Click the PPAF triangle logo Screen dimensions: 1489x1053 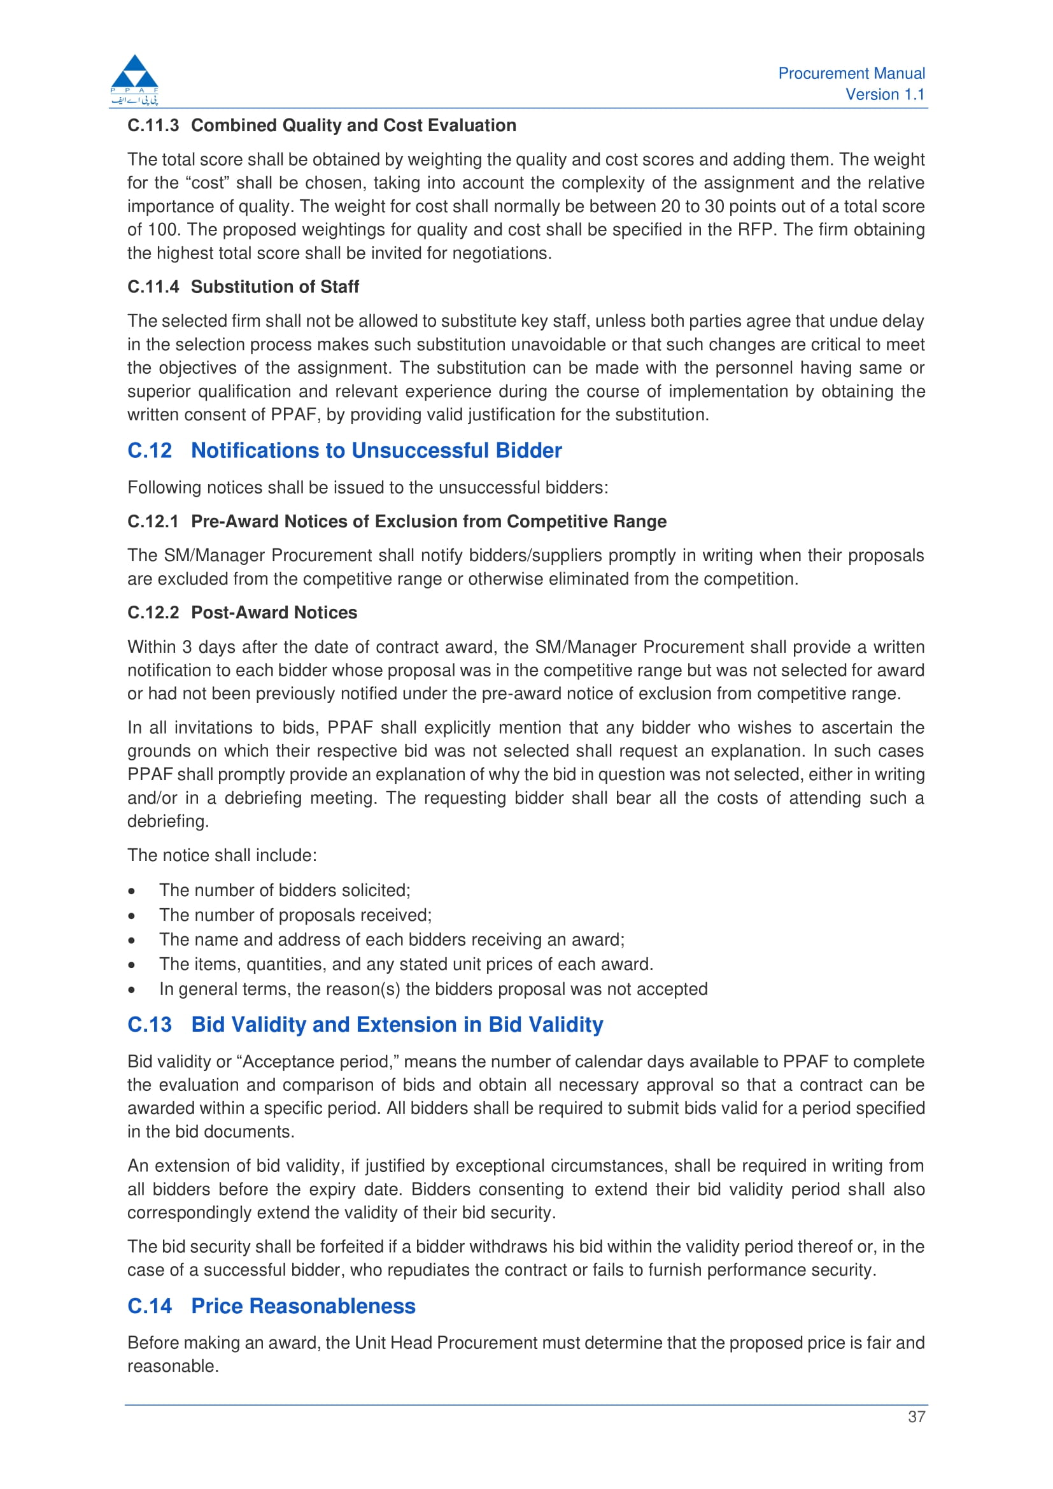pyautogui.click(x=134, y=78)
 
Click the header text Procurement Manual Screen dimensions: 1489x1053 pyautogui.click(x=851, y=73)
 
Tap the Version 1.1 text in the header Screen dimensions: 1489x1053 pyautogui.click(x=884, y=95)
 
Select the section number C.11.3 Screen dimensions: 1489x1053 pyautogui.click(x=153, y=125)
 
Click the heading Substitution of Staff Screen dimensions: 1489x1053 pyautogui.click(x=274, y=287)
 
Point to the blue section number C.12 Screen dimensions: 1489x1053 pyautogui.click(x=150, y=450)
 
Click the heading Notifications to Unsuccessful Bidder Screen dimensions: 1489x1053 pyautogui.click(x=376, y=450)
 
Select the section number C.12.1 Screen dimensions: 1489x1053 pyautogui.click(x=153, y=522)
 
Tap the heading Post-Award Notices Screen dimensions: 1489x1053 pyautogui.click(x=274, y=612)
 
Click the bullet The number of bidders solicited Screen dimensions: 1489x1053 pyautogui.click(x=285, y=890)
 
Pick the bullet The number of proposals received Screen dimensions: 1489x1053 pyautogui.click(x=295, y=915)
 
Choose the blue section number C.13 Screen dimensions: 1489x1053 pyautogui.click(x=150, y=1024)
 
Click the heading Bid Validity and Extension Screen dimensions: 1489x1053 pyautogui.click(x=397, y=1024)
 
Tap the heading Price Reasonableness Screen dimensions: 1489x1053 pyautogui.click(x=303, y=1306)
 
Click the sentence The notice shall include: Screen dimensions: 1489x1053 pyautogui.click(x=222, y=855)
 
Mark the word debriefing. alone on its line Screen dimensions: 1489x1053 pyautogui.click(x=168, y=821)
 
